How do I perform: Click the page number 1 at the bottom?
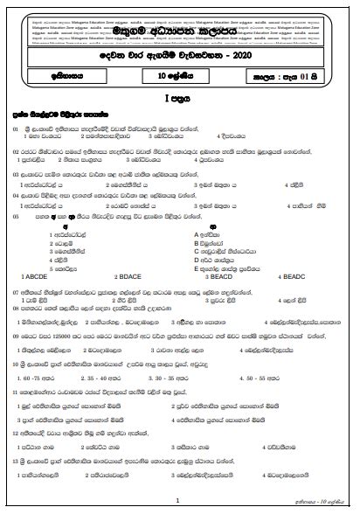click(177, 499)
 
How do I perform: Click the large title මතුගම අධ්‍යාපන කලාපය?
click(179, 38)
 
